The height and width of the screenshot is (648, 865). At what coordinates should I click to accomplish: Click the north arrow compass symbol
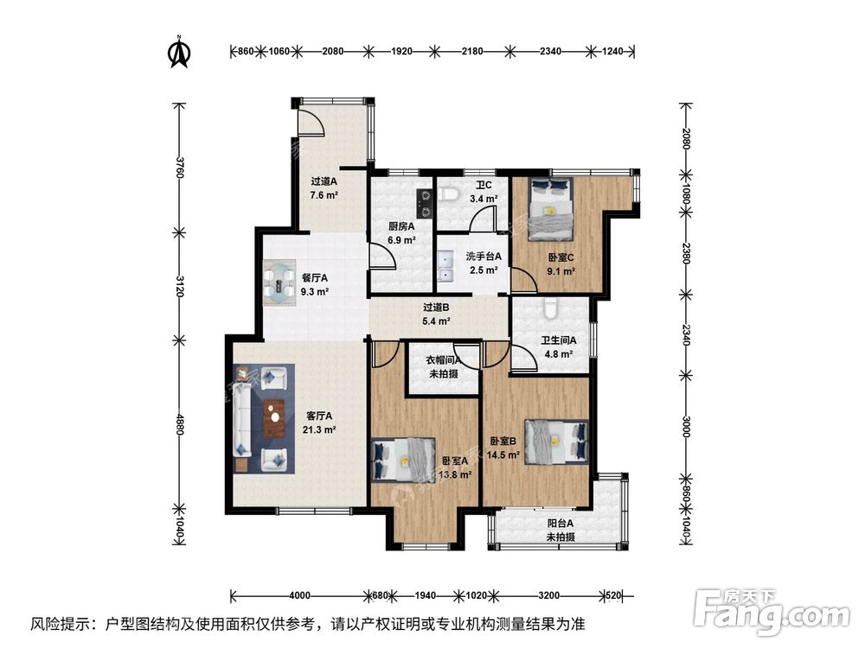coord(179,52)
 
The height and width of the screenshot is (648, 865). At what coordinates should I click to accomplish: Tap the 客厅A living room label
coord(318,422)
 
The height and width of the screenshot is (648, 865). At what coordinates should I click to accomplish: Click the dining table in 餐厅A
coord(281,286)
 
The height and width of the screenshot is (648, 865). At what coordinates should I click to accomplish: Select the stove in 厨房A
coord(424,203)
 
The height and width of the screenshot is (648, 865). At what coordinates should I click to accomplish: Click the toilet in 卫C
coord(448,194)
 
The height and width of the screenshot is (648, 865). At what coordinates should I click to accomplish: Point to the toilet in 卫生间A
coord(549,308)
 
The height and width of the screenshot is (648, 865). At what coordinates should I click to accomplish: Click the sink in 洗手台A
coord(445,266)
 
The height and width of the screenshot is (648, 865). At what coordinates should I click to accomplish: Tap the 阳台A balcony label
coord(560,530)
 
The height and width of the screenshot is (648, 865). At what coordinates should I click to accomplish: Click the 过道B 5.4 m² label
coord(437,314)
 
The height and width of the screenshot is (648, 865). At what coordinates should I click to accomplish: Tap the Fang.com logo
coord(773,611)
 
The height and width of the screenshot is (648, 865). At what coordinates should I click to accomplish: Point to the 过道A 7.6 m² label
coord(324,188)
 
